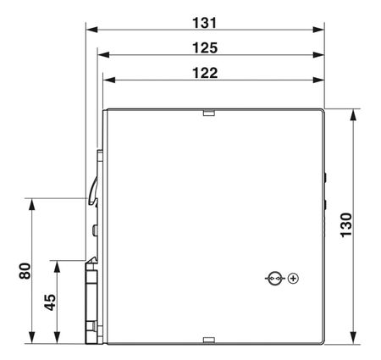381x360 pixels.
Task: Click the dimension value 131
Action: click(x=205, y=23)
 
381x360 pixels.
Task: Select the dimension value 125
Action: click(x=205, y=48)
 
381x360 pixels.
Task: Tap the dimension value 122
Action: click(x=205, y=73)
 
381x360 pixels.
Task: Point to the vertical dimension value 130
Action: click(x=346, y=225)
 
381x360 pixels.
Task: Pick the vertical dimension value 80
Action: click(x=25, y=271)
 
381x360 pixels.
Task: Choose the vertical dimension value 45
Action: click(x=50, y=302)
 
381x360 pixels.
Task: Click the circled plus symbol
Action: click(x=293, y=279)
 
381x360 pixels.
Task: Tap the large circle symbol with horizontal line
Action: click(x=274, y=279)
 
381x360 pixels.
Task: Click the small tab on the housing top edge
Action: click(x=209, y=113)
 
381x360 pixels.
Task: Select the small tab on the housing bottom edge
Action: click(x=209, y=341)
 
